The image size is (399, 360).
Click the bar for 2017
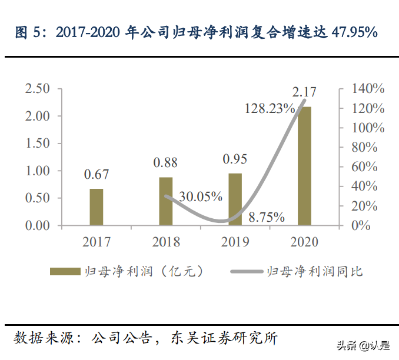[97, 207]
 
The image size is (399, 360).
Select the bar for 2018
[166, 201]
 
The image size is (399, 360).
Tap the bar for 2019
[235, 199]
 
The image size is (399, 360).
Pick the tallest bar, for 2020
[304, 166]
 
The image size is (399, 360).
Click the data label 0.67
[97, 175]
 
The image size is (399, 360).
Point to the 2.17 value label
[304, 92]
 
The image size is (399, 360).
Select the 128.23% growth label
[270, 108]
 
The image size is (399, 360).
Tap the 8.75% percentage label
[267, 216]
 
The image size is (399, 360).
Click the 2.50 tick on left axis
[37, 89]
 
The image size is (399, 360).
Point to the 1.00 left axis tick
[37, 171]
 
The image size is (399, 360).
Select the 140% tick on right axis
[368, 89]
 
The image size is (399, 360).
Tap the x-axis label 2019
[235, 242]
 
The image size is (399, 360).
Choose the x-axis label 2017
[97, 242]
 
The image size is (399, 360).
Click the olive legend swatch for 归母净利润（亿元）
[65, 271]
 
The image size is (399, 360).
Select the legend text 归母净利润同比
[315, 271]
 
